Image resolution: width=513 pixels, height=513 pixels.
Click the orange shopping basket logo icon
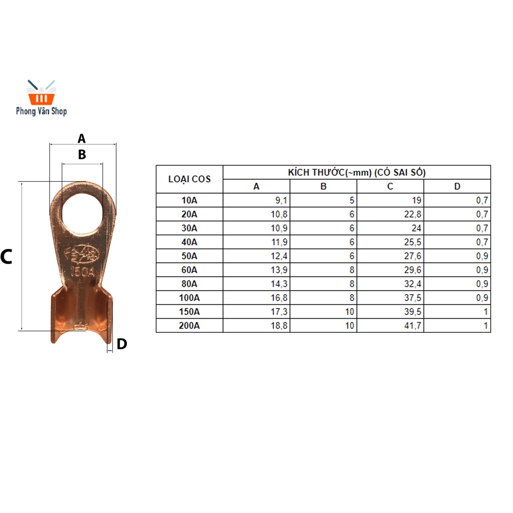click(41, 93)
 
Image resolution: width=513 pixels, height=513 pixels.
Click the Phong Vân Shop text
click(42, 111)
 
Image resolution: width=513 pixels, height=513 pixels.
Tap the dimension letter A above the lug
click(82, 139)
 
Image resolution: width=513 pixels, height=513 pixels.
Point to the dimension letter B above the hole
click(82, 154)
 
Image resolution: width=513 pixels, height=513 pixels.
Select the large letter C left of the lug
click(6, 256)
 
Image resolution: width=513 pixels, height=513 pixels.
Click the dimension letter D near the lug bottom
click(122, 344)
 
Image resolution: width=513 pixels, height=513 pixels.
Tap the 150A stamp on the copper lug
click(83, 271)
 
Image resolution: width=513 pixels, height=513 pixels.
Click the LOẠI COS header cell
click(189, 179)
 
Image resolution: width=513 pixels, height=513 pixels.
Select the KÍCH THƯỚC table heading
click(357, 172)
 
